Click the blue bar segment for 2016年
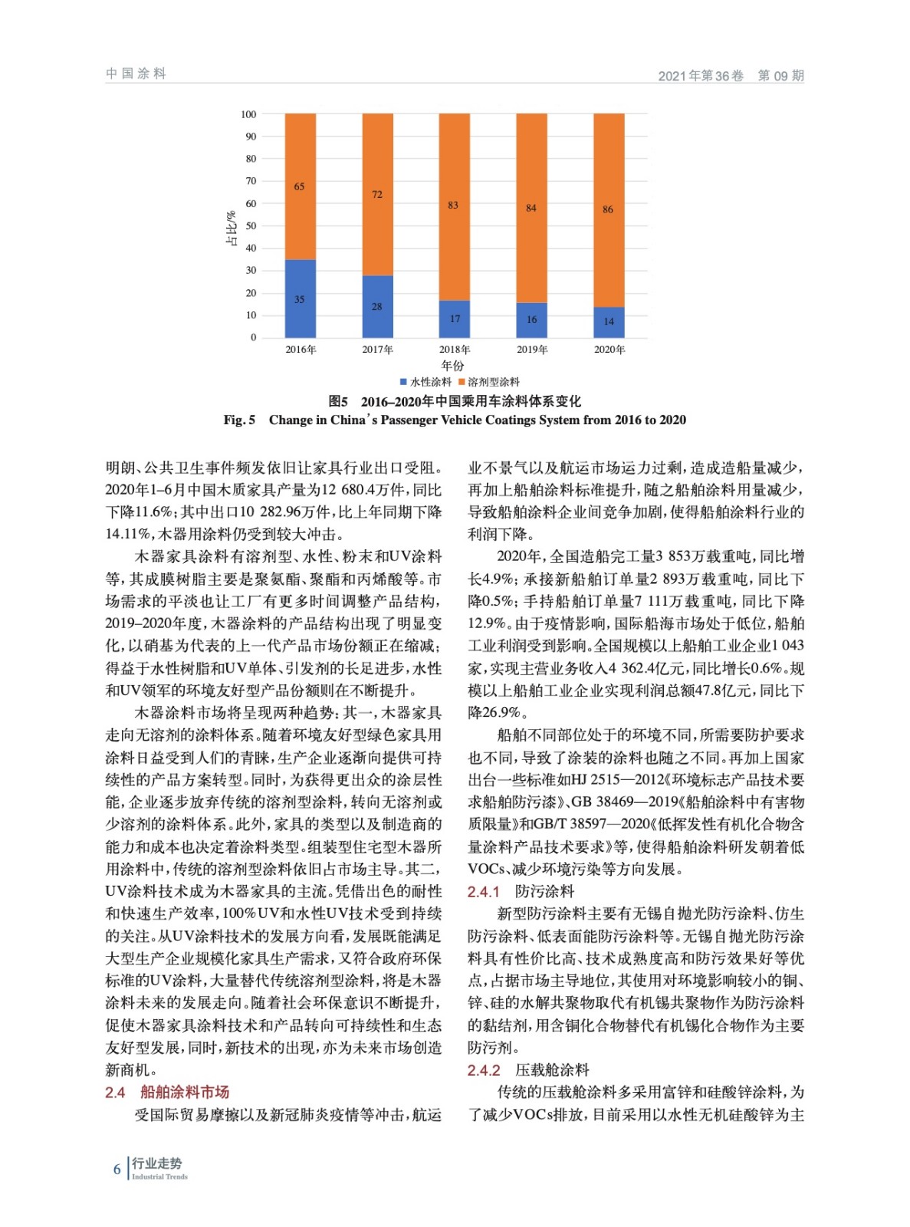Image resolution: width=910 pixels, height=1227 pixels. [300, 298]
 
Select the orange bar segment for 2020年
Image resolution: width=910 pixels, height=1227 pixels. [609, 210]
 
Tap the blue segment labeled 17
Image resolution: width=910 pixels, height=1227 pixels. [455, 318]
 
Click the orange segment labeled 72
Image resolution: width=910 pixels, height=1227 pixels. [377, 194]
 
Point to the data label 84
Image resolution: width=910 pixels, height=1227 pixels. [531, 208]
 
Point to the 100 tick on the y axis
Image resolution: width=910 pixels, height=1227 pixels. [248, 114]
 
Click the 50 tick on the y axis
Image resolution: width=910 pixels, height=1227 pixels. [251, 226]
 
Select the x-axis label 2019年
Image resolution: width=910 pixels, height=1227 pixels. [532, 350]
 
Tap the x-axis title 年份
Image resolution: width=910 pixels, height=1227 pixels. [452, 365]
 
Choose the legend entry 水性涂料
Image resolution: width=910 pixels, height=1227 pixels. [425, 382]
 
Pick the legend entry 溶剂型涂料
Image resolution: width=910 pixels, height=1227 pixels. [489, 382]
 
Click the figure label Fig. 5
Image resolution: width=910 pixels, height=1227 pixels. [239, 419]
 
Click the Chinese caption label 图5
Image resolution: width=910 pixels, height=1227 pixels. [338, 401]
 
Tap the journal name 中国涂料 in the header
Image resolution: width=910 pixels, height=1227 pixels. [136, 74]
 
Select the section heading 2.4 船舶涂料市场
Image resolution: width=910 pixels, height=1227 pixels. [167, 1092]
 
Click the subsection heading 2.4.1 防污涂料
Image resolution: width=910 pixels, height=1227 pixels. [521, 891]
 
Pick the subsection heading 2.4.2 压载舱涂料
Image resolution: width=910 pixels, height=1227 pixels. [528, 1070]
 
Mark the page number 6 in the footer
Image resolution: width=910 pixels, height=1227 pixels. [117, 1169]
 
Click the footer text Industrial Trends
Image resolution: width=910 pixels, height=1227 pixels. [159, 1176]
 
